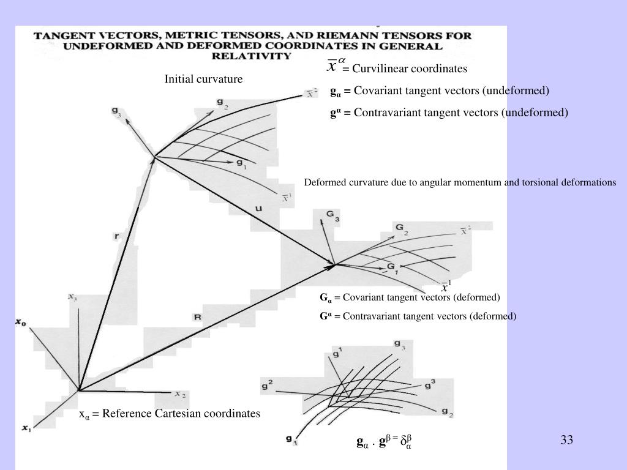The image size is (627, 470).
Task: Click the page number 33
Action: (x=566, y=439)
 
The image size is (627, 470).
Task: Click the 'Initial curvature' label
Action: (x=203, y=79)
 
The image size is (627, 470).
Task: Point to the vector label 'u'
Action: (x=258, y=209)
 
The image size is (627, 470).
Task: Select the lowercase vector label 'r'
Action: (x=118, y=236)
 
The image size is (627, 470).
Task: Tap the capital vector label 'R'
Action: (x=197, y=317)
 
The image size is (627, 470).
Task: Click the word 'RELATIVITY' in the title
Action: (x=252, y=56)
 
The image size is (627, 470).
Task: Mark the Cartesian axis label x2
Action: (x=180, y=394)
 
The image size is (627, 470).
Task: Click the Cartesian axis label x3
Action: (x=72, y=297)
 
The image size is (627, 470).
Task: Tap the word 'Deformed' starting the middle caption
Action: (x=323, y=182)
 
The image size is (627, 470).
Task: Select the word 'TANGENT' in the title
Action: (x=61, y=35)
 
